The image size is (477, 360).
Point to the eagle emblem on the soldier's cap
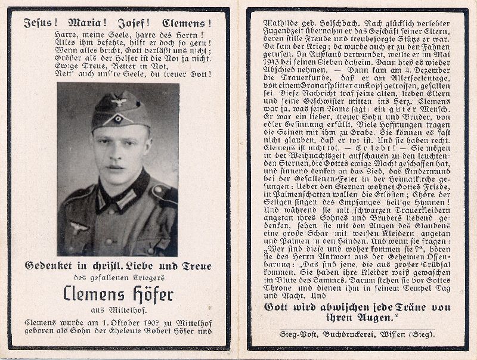(119, 102)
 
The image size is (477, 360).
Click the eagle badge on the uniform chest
(78, 227)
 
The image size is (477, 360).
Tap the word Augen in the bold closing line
(373, 319)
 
